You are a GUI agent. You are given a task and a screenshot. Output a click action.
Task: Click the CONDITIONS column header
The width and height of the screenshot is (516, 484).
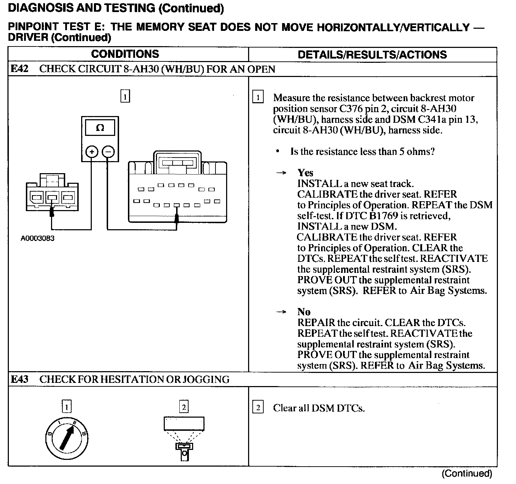pyautogui.click(x=125, y=54)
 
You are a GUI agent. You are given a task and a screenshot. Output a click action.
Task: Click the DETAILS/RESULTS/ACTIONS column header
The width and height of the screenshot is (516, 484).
pyautogui.click(x=372, y=55)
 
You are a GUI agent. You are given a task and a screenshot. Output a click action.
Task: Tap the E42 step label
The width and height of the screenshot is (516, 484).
pyautogui.click(x=19, y=69)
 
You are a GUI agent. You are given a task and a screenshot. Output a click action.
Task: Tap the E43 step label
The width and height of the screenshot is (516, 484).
pyautogui.click(x=19, y=379)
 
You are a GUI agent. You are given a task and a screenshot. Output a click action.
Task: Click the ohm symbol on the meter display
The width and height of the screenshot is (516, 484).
pyautogui.click(x=100, y=128)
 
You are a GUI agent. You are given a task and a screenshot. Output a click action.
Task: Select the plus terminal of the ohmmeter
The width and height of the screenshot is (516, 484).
pyautogui.click(x=92, y=152)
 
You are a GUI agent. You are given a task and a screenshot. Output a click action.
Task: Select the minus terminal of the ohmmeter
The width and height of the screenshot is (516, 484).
pyautogui.click(x=108, y=152)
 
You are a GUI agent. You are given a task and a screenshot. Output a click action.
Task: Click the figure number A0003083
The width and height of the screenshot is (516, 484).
pyautogui.click(x=38, y=238)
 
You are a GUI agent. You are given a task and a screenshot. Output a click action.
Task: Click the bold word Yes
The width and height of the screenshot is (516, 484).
pyautogui.click(x=305, y=173)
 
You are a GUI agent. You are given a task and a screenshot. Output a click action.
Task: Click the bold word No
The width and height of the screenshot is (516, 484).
pyautogui.click(x=304, y=312)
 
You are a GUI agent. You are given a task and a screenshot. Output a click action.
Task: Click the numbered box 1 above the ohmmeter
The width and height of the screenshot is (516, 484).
pyautogui.click(x=125, y=97)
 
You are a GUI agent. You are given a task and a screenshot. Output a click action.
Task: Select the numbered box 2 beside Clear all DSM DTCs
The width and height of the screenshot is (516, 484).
pyautogui.click(x=258, y=408)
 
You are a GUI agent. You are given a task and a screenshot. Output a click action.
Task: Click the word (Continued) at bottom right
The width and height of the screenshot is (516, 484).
pyautogui.click(x=467, y=473)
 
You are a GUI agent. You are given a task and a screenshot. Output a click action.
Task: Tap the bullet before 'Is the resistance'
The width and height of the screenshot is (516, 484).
pyautogui.click(x=278, y=152)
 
